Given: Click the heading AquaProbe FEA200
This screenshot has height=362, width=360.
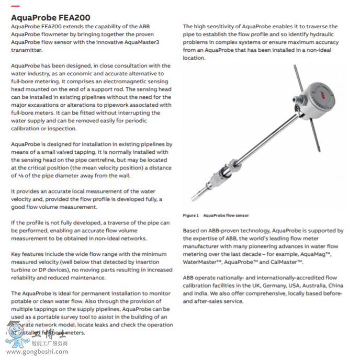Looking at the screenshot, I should click(50, 17).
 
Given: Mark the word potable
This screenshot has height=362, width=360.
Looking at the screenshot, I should click(24, 301).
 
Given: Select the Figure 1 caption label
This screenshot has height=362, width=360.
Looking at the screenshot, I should click(190, 216).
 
